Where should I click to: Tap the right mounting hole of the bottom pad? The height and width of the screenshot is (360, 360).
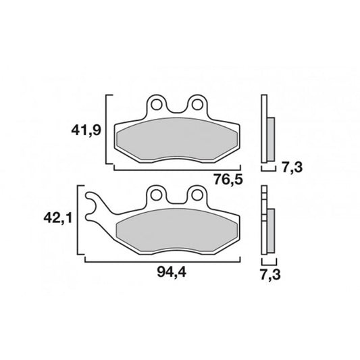197,195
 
